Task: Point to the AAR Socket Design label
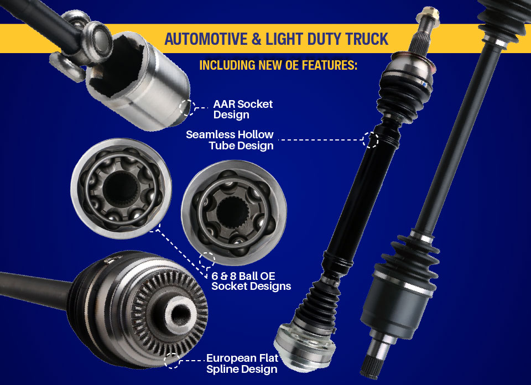point(243,109)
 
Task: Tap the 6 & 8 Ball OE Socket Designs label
point(251,281)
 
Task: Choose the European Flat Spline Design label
point(242,363)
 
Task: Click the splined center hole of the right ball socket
point(233,212)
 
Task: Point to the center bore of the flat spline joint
point(180,315)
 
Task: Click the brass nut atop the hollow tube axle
point(428,15)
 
